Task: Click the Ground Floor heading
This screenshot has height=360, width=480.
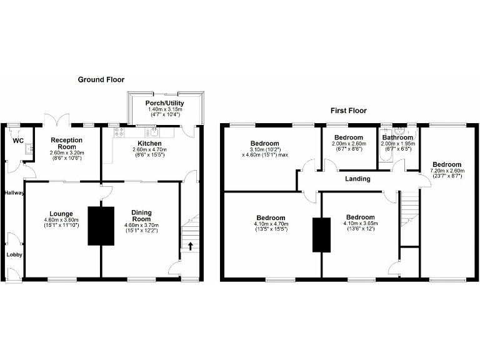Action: coord(101,79)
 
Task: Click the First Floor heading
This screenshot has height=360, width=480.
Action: coord(348,111)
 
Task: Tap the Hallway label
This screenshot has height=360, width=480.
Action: coord(13,192)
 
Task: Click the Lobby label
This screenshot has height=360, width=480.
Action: coord(14,255)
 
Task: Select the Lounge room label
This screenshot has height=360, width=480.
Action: coord(62,213)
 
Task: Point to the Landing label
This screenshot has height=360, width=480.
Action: coord(357,179)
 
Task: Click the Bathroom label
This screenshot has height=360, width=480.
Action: coord(397,137)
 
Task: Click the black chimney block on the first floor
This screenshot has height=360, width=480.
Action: coord(321,234)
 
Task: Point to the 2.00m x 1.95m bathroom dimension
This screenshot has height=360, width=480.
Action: coord(397,146)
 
